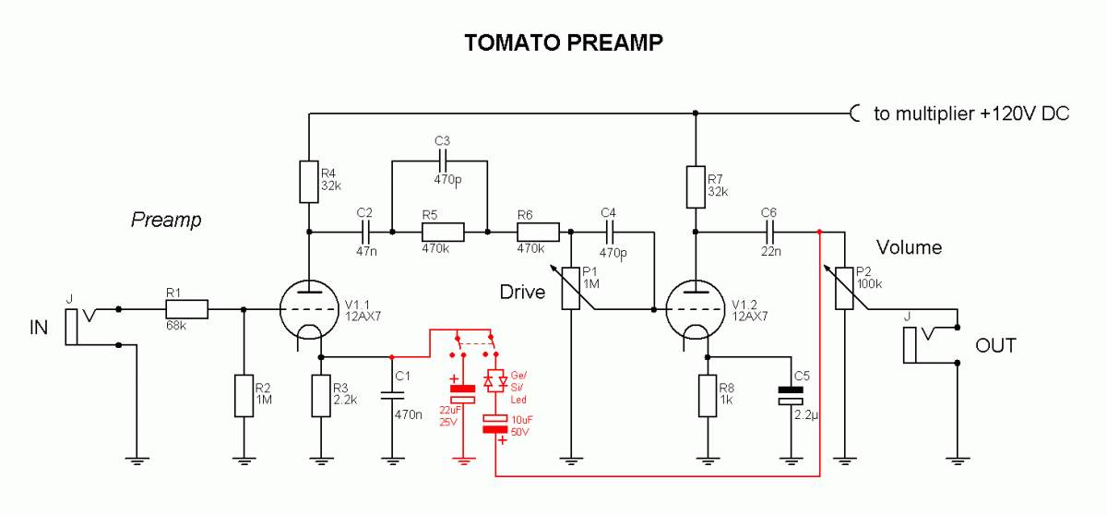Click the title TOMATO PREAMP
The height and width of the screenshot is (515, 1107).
tap(564, 42)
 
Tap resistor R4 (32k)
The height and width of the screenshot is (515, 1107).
tap(308, 182)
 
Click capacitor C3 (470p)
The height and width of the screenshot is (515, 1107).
tap(441, 161)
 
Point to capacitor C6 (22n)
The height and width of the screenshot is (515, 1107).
tap(769, 231)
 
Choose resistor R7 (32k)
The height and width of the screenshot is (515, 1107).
tap(695, 187)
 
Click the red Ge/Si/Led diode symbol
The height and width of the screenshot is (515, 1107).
tap(496, 380)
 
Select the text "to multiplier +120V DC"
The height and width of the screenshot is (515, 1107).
tap(970, 114)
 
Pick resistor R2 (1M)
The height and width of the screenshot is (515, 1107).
tap(244, 394)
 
